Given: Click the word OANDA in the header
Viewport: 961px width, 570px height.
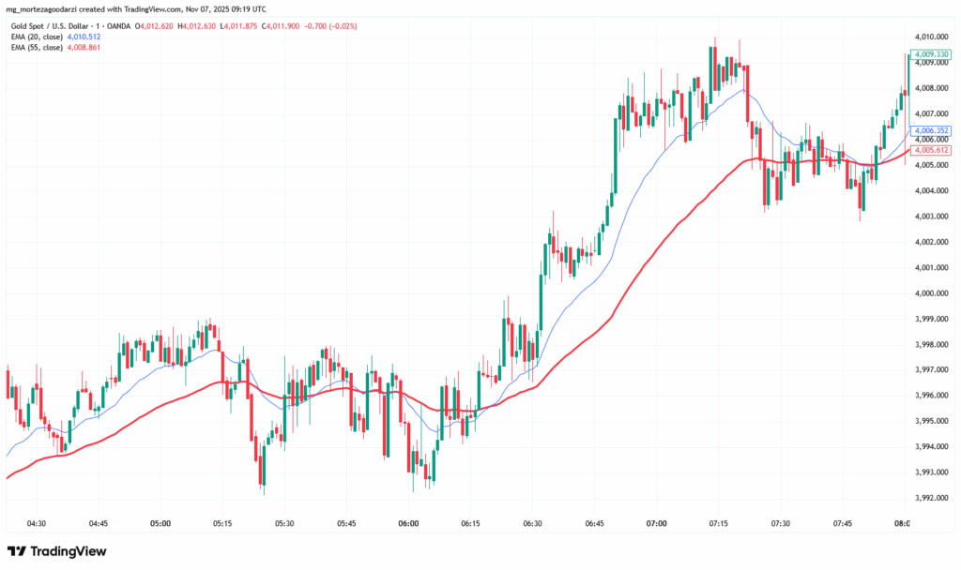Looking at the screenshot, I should click(x=115, y=26).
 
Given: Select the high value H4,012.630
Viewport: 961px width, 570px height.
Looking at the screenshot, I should click(x=198, y=26).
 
